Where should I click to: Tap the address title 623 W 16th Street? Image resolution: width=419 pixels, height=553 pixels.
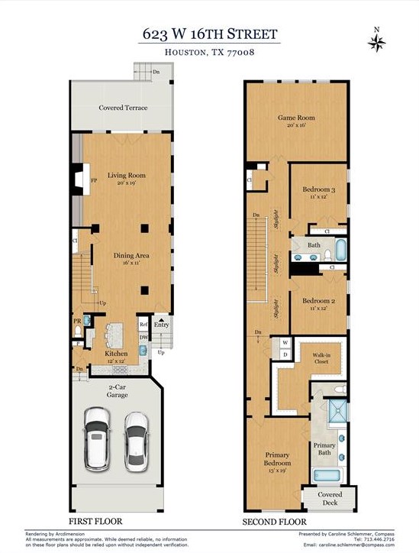(x=209, y=34)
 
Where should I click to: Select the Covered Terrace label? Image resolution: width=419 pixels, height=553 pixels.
(x=123, y=108)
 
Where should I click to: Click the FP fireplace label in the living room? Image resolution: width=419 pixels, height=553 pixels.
(x=93, y=180)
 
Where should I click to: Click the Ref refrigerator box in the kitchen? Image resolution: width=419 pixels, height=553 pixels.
(x=143, y=324)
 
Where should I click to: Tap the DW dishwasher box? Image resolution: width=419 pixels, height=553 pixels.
(x=143, y=337)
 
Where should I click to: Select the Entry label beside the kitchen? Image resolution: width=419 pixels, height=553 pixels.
(x=161, y=325)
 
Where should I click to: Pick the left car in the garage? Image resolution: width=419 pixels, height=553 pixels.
(x=98, y=438)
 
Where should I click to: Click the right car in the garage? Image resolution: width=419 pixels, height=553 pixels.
(x=135, y=439)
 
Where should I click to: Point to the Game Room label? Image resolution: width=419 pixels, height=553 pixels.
(x=295, y=121)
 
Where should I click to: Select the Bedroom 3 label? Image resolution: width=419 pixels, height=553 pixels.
(x=318, y=192)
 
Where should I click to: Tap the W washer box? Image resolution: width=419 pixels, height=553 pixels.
(x=285, y=343)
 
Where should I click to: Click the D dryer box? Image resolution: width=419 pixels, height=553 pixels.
(x=285, y=354)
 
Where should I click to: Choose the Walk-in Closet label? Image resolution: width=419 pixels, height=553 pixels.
(x=321, y=359)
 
